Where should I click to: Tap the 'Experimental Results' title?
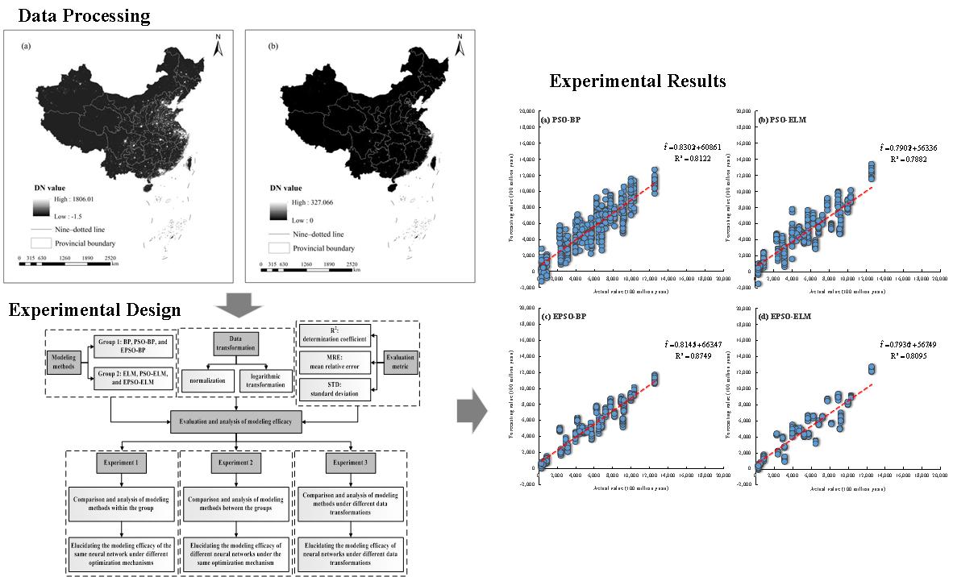tap(637, 81)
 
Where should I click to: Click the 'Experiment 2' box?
tap(235, 463)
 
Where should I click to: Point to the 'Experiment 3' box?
tap(351, 463)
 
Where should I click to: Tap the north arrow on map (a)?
tap(217, 47)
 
